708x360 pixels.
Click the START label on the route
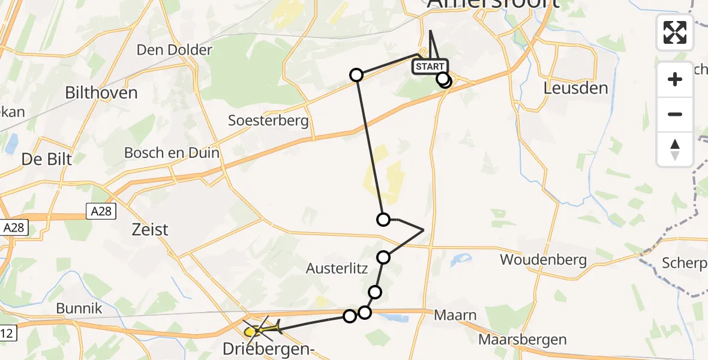[x=430, y=67]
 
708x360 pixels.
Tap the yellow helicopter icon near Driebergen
[x=262, y=329]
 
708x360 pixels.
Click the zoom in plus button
[x=675, y=79]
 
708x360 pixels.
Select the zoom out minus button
[x=675, y=114]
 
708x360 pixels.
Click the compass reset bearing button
[x=675, y=149]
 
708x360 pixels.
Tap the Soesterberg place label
[x=268, y=121]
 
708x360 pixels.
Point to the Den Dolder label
[x=175, y=50]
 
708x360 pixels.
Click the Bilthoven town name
[x=101, y=93]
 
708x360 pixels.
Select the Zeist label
[x=149, y=229]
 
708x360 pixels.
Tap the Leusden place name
[x=575, y=88]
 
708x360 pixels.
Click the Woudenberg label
[x=543, y=260]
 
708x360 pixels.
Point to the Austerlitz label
[x=336, y=269]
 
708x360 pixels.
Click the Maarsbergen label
[x=523, y=340]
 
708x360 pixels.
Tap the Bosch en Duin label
[x=172, y=153]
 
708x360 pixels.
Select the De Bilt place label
[x=47, y=159]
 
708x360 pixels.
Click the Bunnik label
[x=79, y=309]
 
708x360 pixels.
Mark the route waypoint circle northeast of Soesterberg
[x=356, y=75]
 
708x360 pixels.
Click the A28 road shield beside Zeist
[x=99, y=211]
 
